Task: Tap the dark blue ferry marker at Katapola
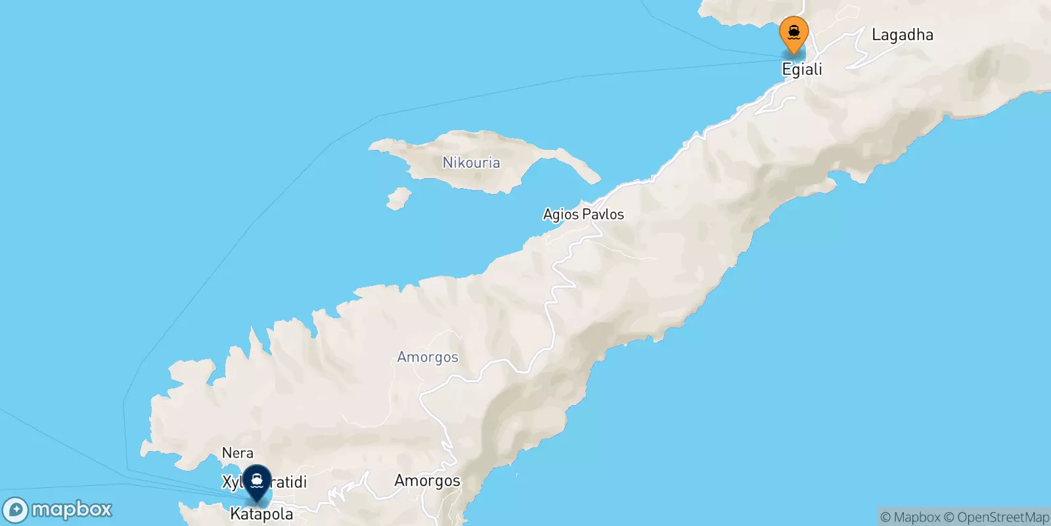pyautogui.click(x=257, y=483)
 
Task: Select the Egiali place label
pyautogui.click(x=802, y=70)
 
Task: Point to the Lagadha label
pyautogui.click(x=902, y=35)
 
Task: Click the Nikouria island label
pyautogui.click(x=471, y=162)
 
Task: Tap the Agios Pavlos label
pyautogui.click(x=583, y=214)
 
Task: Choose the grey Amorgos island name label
pyautogui.click(x=428, y=357)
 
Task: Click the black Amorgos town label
pyautogui.click(x=427, y=481)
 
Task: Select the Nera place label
pyautogui.click(x=237, y=453)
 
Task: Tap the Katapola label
pyautogui.click(x=261, y=514)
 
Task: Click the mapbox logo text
pyautogui.click(x=72, y=510)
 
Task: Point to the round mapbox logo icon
pyautogui.click(x=16, y=510)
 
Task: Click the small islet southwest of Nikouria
pyautogui.click(x=398, y=198)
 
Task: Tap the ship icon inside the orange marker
pyautogui.click(x=794, y=31)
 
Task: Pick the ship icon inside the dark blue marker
pyautogui.click(x=257, y=480)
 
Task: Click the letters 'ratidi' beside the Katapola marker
pyautogui.click(x=289, y=482)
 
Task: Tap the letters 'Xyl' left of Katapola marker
pyautogui.click(x=233, y=483)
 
